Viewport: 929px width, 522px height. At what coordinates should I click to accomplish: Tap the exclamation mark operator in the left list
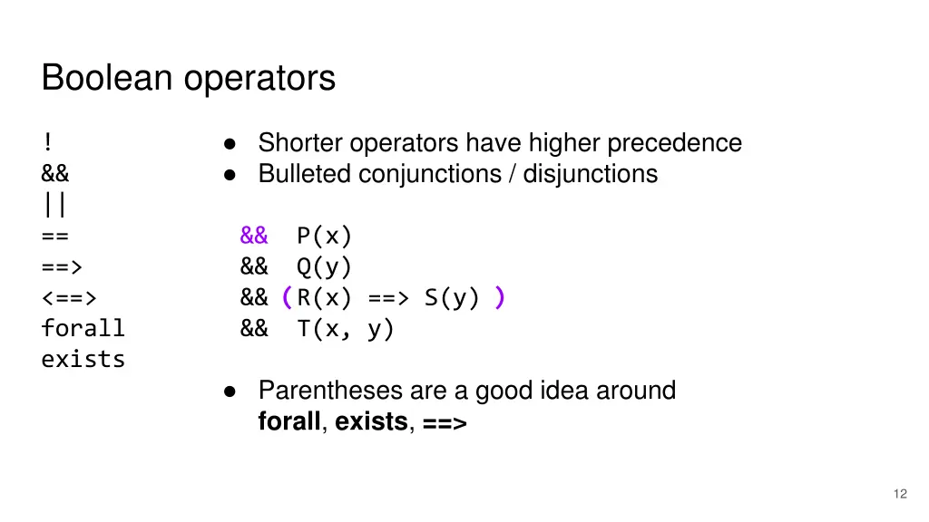[x=46, y=143]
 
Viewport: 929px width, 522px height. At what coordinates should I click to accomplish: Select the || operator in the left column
[x=54, y=205]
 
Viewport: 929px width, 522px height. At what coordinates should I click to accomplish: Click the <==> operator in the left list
[x=69, y=297]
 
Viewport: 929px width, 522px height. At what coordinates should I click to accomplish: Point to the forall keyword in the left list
[x=83, y=328]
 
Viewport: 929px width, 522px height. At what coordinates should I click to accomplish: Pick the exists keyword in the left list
[x=83, y=359]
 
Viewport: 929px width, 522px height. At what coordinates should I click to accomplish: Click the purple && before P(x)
[x=254, y=236]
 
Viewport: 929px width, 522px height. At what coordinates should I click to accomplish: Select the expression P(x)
[x=324, y=236]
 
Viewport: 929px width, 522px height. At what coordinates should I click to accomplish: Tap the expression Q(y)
[x=324, y=266]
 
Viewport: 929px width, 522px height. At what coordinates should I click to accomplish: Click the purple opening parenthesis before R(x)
[x=286, y=297]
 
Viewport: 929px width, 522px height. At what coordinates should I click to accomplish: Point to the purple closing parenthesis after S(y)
[x=499, y=297]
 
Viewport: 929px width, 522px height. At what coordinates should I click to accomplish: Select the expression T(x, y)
[x=346, y=328]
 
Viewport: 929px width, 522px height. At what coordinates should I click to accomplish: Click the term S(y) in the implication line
[x=451, y=297]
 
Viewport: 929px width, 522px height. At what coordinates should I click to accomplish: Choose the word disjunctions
[x=590, y=173]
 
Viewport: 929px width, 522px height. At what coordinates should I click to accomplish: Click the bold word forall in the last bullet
[x=289, y=421]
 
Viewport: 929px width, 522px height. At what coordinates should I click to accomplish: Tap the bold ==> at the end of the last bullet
[x=444, y=421]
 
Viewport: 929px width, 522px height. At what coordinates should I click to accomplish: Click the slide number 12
[x=899, y=494]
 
